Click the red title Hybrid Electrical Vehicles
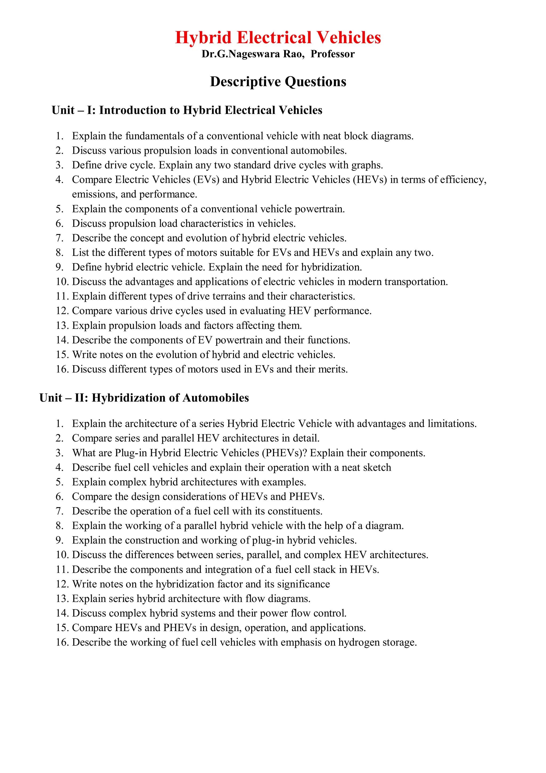[x=278, y=37]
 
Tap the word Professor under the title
[x=332, y=54]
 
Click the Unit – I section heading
[x=187, y=110]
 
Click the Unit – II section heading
[x=144, y=398]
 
